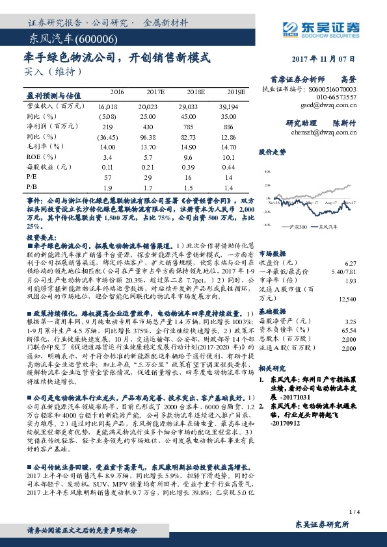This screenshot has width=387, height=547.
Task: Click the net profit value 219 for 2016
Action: point(108,127)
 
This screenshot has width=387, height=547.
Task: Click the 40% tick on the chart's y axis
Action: point(266,172)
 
